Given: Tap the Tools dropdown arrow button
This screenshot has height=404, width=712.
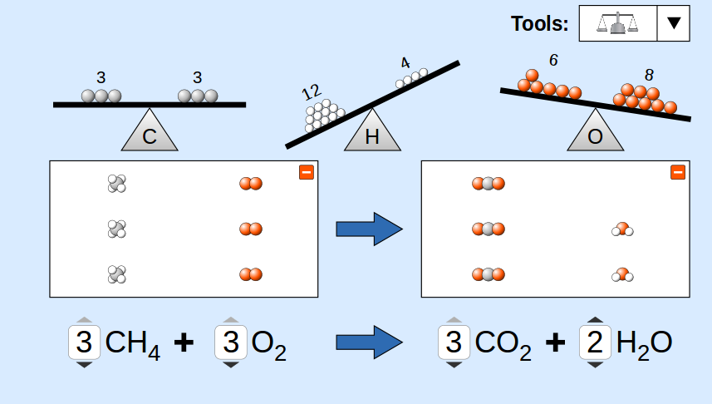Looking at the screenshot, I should pyautogui.click(x=674, y=23).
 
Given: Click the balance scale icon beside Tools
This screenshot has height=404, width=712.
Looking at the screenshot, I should pyautogui.click(x=617, y=23).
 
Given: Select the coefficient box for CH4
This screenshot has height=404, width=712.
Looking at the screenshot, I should pyautogui.click(x=83, y=342).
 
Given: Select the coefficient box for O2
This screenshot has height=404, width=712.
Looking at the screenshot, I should pyautogui.click(x=231, y=342).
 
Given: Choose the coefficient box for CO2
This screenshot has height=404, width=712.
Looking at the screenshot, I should pyautogui.click(x=454, y=342).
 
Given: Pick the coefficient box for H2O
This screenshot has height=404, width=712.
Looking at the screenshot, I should pyautogui.click(x=595, y=342).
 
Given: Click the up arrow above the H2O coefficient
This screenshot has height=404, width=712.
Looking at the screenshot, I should pyautogui.click(x=595, y=319).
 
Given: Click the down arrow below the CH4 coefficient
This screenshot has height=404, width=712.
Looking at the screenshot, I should pyautogui.click(x=83, y=364).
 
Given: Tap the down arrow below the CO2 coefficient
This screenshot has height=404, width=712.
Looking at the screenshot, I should pyautogui.click(x=454, y=364).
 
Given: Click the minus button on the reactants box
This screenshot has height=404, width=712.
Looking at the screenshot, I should pyautogui.click(x=306, y=172).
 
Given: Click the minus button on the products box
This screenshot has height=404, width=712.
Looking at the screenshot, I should pyautogui.click(x=678, y=172).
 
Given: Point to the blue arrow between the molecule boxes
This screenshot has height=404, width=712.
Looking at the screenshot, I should pyautogui.click(x=369, y=228).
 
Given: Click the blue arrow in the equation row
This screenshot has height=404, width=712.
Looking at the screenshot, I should pyautogui.click(x=369, y=342).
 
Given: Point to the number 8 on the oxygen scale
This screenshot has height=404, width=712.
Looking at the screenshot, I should pyautogui.click(x=649, y=75).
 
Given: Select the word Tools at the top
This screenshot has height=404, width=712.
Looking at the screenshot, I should pyautogui.click(x=539, y=24).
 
